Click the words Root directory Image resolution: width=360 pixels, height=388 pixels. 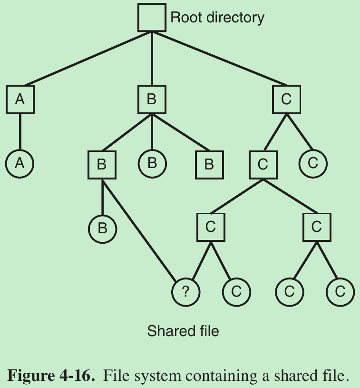point(217,18)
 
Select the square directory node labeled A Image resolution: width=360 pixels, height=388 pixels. point(20,99)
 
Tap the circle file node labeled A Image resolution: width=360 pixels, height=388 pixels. point(20,163)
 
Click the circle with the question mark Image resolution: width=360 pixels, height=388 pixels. point(186,291)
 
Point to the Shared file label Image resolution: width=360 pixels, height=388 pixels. point(183,330)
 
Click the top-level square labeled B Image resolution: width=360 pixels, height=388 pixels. point(152,99)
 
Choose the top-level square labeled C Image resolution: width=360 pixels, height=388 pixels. point(286,99)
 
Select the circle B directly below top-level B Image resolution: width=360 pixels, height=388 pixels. point(152,163)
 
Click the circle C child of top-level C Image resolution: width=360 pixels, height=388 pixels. point(313,163)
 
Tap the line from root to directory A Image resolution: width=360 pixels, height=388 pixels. point(86,59)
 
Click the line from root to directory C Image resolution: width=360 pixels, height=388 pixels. point(219,59)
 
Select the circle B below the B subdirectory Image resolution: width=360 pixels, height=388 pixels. point(102,228)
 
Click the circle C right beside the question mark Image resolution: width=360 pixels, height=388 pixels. point(236,291)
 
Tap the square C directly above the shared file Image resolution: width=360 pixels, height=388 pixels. point(211,227)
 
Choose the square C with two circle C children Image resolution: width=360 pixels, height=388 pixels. point(317,227)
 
